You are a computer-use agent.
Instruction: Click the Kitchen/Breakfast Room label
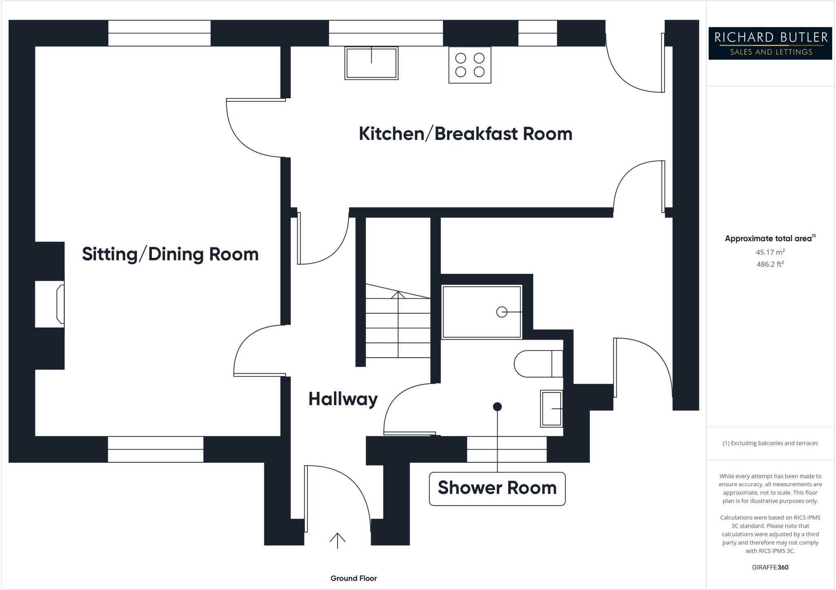(x=465, y=134)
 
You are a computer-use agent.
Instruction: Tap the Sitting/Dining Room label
(x=170, y=254)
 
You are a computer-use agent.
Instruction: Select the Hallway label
(x=343, y=399)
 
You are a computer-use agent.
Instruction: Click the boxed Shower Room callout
(x=497, y=488)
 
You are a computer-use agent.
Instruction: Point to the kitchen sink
(x=371, y=63)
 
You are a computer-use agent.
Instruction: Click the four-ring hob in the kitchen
(x=469, y=65)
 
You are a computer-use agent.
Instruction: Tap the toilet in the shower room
(x=538, y=364)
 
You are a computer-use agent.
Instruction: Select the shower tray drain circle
(x=502, y=312)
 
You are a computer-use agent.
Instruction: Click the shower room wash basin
(x=551, y=408)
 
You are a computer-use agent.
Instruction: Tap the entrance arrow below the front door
(x=337, y=540)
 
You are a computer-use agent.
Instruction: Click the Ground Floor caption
(x=354, y=578)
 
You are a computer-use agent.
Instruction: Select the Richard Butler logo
(x=770, y=43)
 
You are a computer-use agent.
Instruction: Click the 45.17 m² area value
(x=770, y=252)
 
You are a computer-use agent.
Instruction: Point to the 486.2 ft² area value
(x=770, y=264)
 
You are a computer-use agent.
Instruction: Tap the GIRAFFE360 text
(x=770, y=567)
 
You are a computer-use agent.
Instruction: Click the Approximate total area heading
(x=769, y=239)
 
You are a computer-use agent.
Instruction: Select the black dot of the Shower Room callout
(x=497, y=407)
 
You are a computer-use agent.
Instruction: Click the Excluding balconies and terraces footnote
(x=770, y=443)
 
